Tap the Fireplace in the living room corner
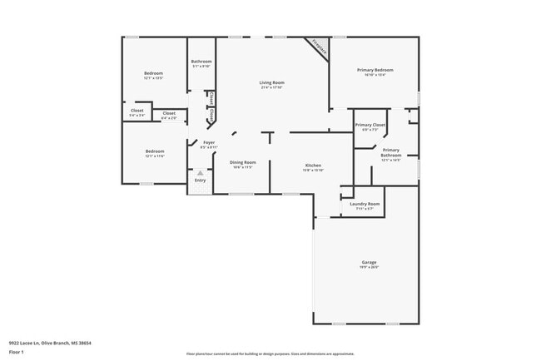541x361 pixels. point(317,47)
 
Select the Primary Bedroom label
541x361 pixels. point(375,70)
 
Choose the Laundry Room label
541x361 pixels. point(365,204)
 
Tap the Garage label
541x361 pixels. point(369,262)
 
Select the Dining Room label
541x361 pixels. point(242,162)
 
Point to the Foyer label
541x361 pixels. point(209,143)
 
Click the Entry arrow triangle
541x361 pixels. point(200,173)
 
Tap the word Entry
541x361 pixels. point(200,180)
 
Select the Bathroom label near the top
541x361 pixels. point(201,62)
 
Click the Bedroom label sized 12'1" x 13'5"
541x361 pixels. point(153,73)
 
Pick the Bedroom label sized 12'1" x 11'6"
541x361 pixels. point(153,151)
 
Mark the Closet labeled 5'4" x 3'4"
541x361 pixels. point(137,111)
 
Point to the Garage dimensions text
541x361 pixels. point(369,267)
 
